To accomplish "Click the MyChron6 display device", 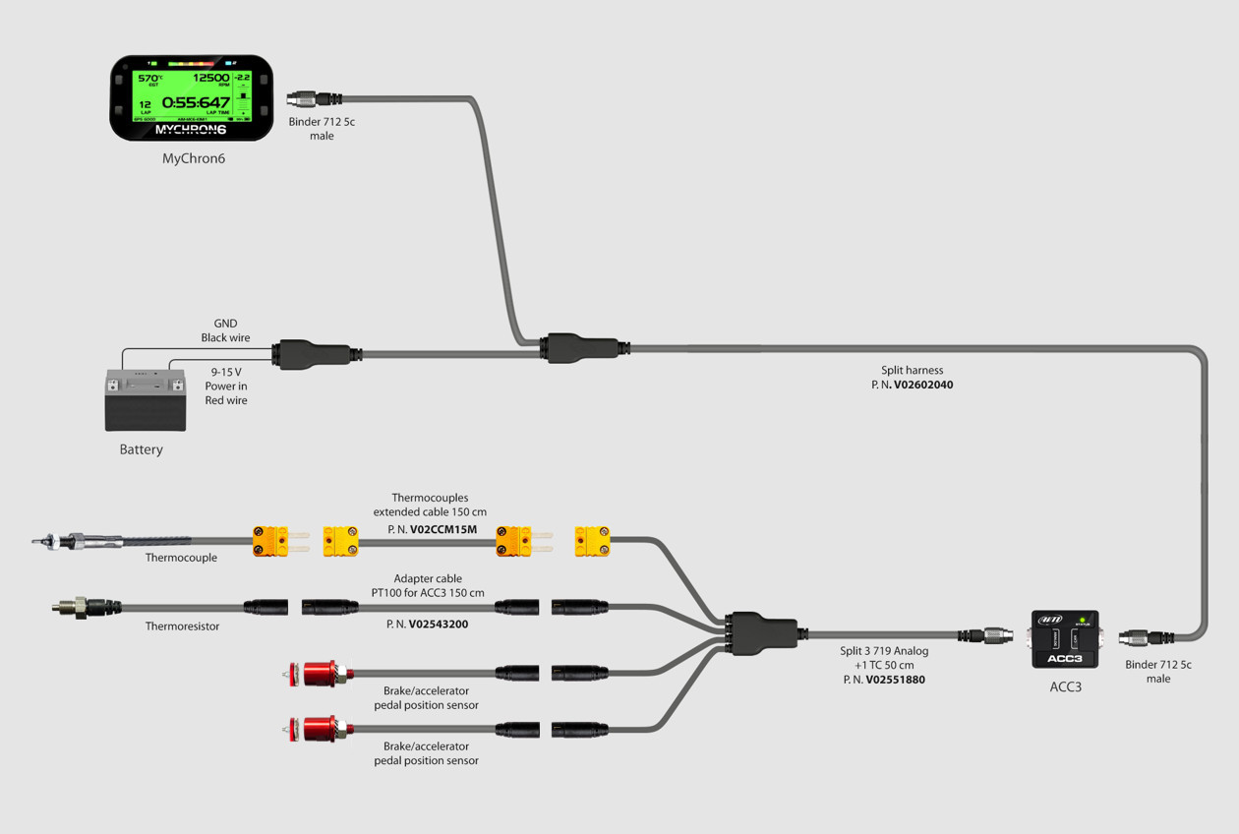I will [x=191, y=97].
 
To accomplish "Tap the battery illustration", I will [x=145, y=399].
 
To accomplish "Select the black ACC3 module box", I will [x=1065, y=639].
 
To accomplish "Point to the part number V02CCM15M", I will [x=442, y=529].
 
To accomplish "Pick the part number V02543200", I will [x=438, y=624].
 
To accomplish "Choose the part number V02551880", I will [x=895, y=680].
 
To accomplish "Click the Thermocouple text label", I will [x=181, y=558].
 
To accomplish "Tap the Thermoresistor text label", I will [x=182, y=626].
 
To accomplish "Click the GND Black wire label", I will [x=225, y=330].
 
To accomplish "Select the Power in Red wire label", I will [x=226, y=387].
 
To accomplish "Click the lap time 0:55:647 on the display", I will [x=196, y=102].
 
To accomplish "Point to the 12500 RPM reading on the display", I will [x=210, y=78].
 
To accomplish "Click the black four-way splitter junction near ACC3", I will [x=759, y=633].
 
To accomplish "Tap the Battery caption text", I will [x=141, y=449].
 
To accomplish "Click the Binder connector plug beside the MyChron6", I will [x=314, y=98].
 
